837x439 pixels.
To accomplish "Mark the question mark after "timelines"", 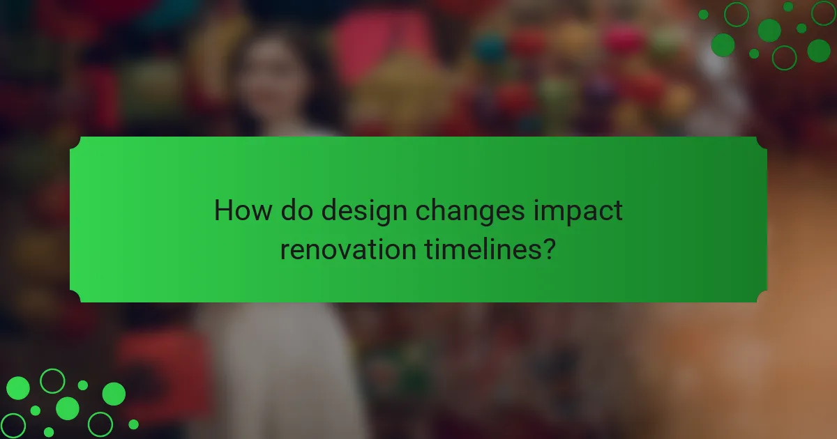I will tap(550, 249).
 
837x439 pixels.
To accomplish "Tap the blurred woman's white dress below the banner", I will tap(279, 369).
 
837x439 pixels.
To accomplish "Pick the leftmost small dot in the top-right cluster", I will tap(703, 15).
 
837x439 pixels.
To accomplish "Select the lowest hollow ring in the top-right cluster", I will tap(784, 57).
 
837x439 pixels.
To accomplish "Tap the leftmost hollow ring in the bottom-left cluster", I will tap(13, 425).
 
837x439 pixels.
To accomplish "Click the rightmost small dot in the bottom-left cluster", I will tap(133, 424).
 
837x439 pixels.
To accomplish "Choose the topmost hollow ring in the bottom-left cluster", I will tap(52, 380).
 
